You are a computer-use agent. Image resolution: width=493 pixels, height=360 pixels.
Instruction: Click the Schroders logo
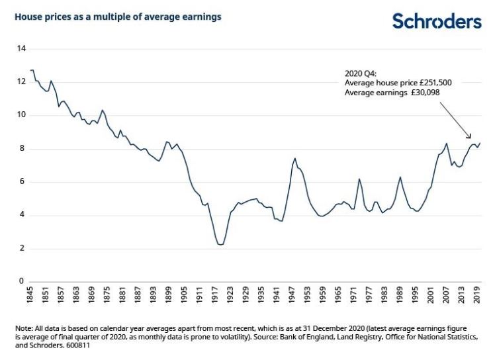(x=437, y=21)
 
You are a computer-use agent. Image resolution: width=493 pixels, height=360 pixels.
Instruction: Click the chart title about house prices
(x=118, y=17)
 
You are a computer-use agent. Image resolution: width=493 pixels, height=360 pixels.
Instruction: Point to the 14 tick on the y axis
(x=21, y=49)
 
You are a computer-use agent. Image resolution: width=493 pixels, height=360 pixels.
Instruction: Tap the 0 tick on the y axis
(x=21, y=281)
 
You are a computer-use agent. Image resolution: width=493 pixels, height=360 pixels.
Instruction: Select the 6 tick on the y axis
(x=21, y=181)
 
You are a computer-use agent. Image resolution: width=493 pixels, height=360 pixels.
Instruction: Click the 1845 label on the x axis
(x=30, y=295)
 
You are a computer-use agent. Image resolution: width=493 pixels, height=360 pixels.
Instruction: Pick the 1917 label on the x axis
(x=215, y=295)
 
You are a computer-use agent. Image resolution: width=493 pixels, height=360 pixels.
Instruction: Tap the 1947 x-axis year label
(x=292, y=295)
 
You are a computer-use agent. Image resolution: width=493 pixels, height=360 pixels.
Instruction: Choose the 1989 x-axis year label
(x=400, y=295)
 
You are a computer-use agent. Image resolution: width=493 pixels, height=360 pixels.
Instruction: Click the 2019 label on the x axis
(x=477, y=295)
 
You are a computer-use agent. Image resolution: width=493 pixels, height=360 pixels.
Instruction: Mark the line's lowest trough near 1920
(x=220, y=245)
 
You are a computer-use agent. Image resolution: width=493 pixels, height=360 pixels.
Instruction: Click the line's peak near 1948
(x=295, y=158)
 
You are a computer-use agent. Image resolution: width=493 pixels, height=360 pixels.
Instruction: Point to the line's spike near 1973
(x=359, y=179)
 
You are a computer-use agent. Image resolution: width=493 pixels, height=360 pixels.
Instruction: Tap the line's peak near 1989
(x=400, y=177)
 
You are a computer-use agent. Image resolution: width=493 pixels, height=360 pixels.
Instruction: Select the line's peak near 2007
(x=446, y=144)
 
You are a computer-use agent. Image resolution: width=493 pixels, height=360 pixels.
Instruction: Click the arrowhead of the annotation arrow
(x=470, y=137)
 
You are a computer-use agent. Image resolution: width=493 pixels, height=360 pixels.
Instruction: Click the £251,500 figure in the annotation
(x=435, y=83)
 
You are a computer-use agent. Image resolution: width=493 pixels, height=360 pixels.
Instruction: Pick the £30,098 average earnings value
(x=424, y=93)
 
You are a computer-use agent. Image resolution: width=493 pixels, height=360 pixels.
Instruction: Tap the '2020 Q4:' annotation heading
(x=360, y=73)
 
